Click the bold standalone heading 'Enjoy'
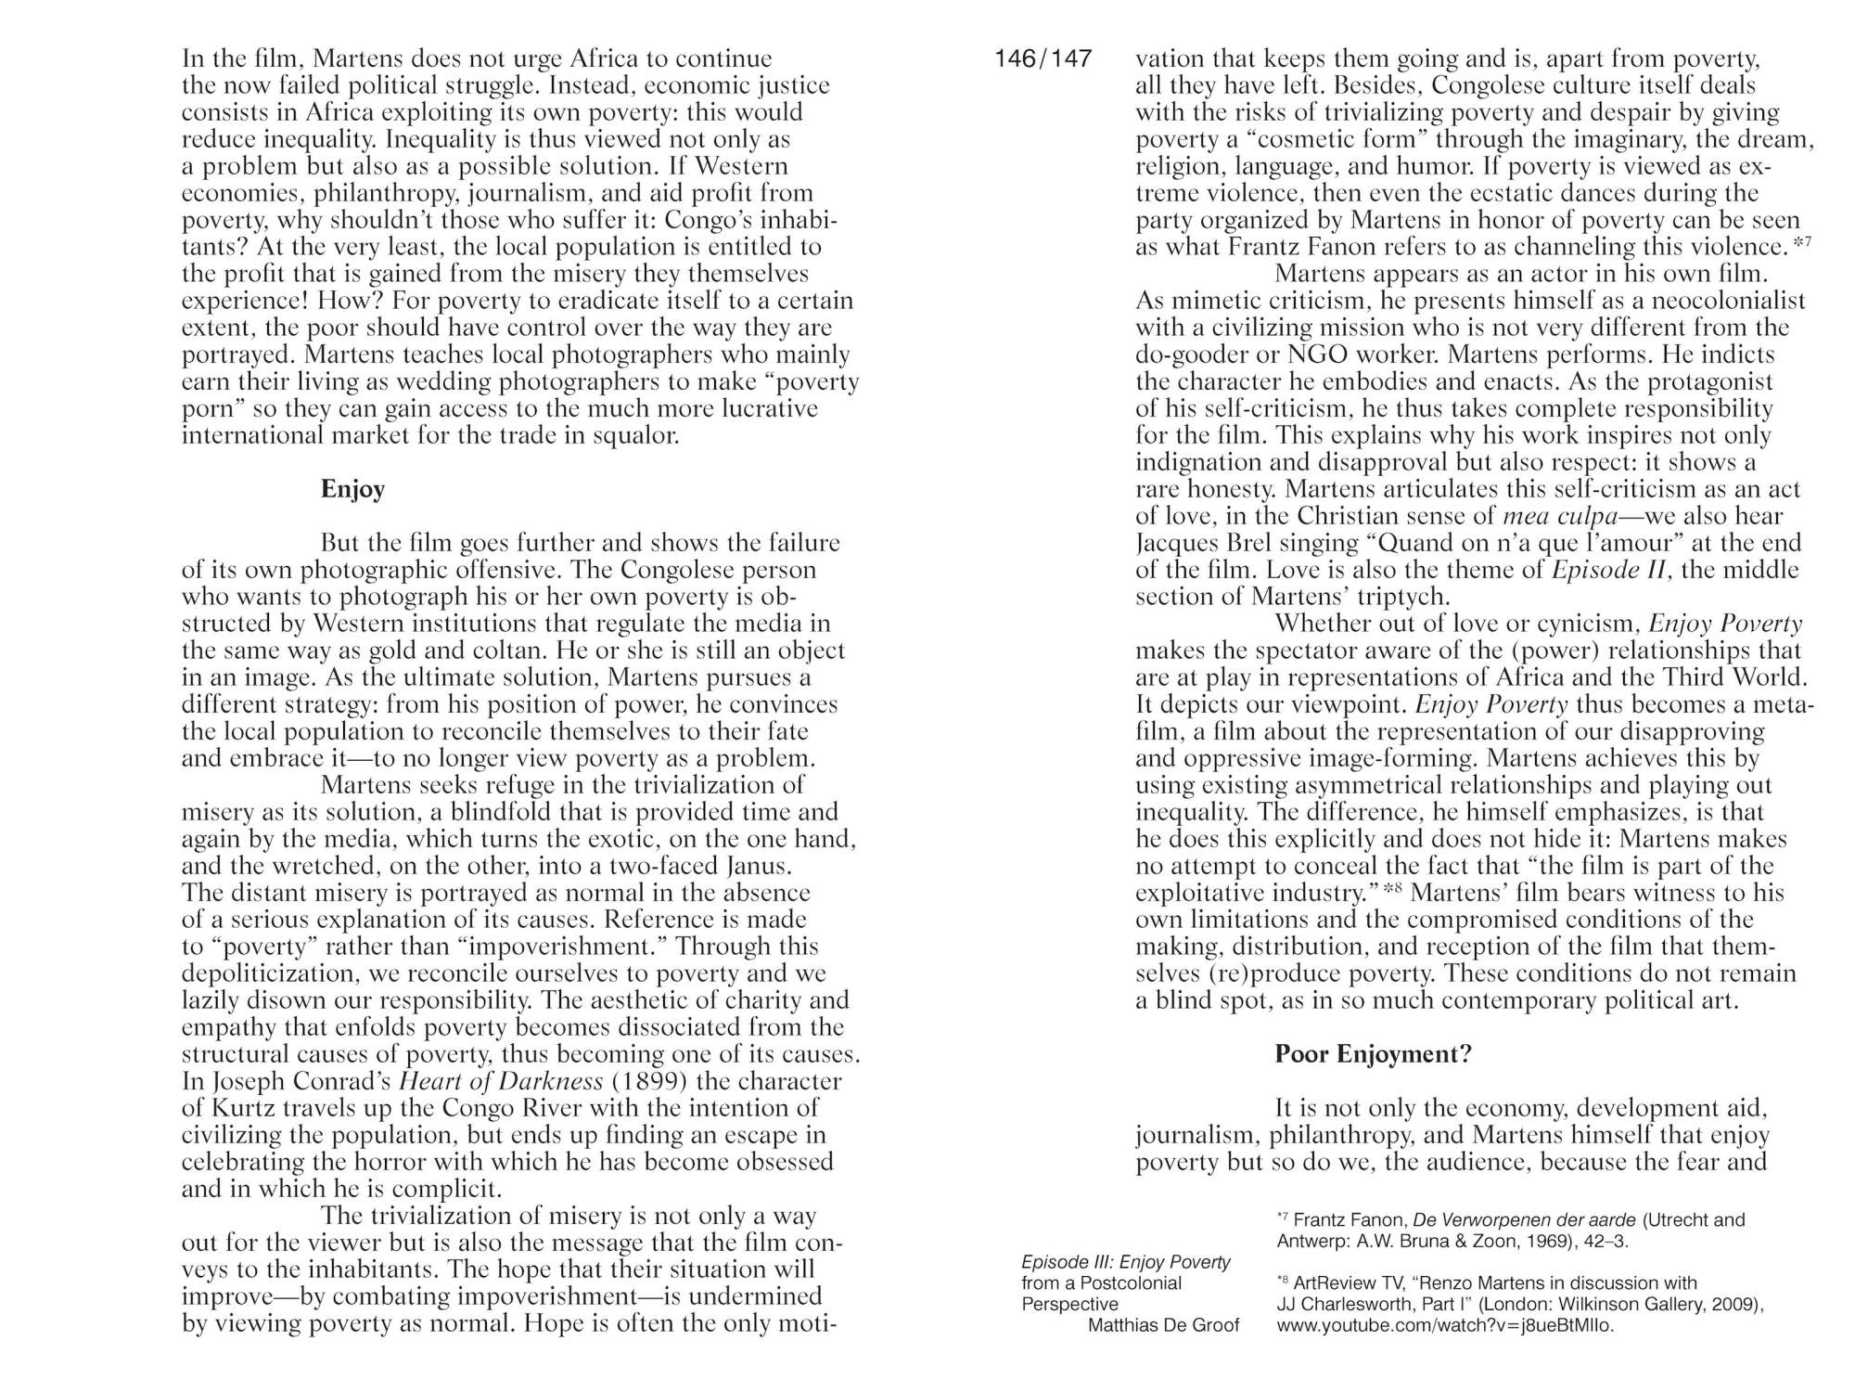point(352,489)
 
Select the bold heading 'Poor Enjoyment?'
point(1373,1054)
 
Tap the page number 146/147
point(1043,58)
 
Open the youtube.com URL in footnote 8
point(1445,1325)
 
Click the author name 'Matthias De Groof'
point(1163,1325)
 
